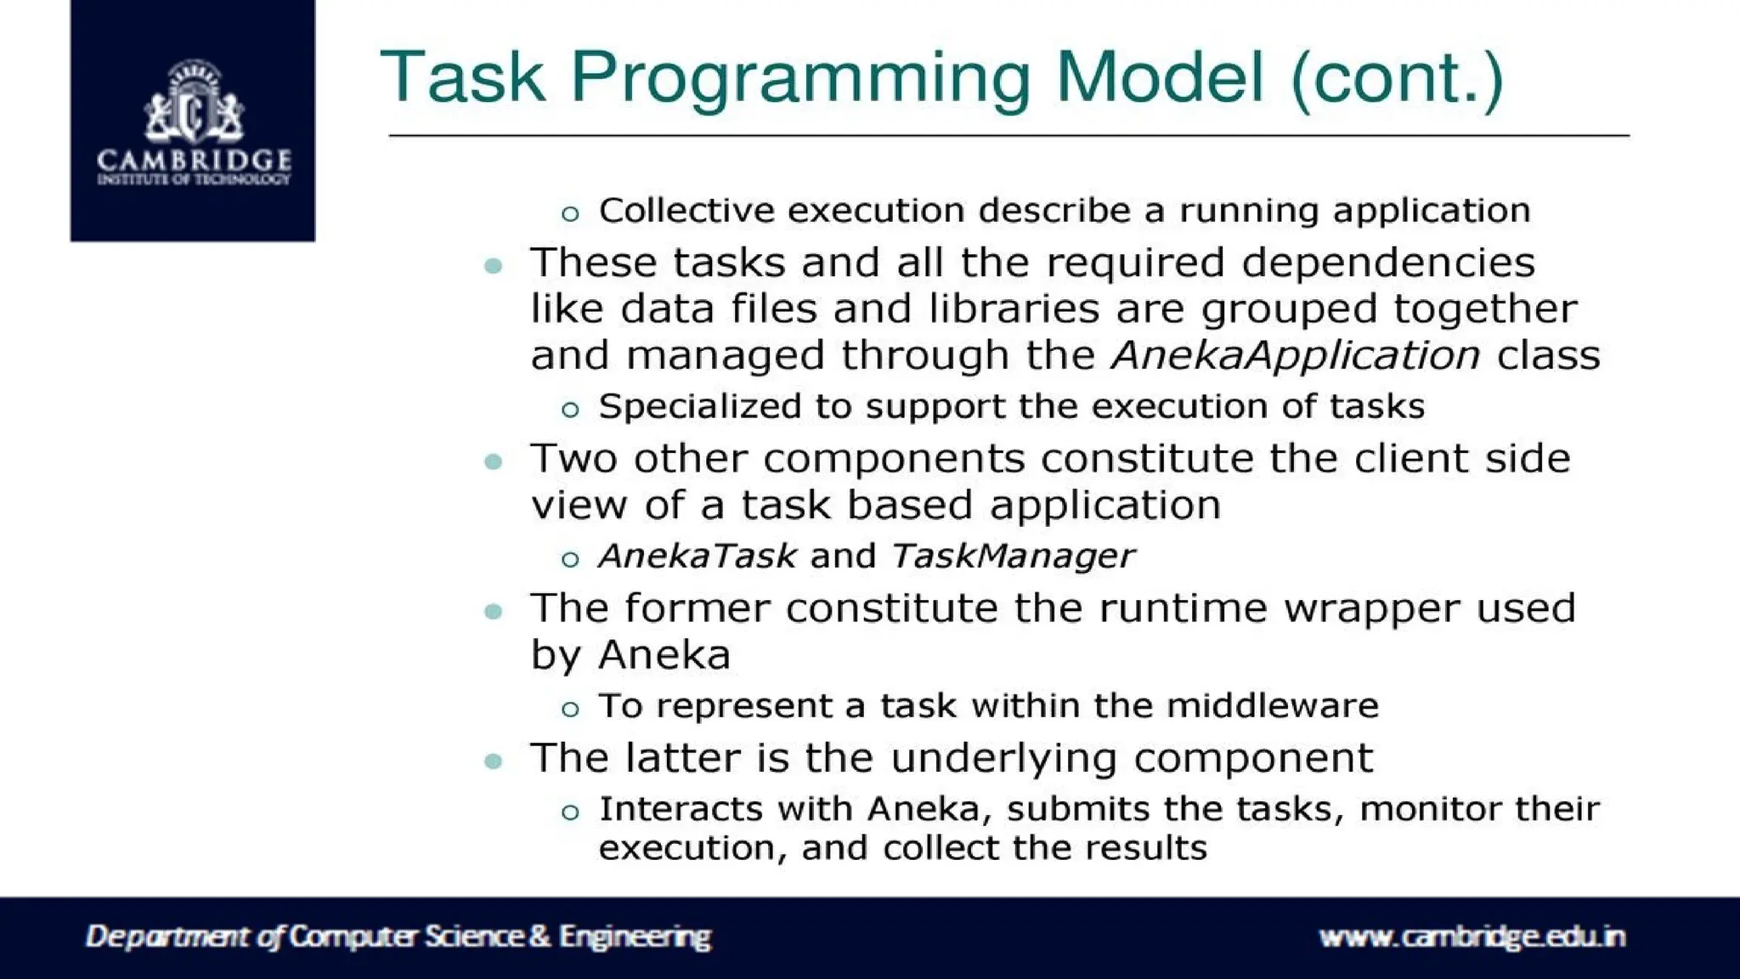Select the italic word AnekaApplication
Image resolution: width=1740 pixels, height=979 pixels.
[1296, 355]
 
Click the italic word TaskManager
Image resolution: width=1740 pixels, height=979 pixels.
[1013, 556]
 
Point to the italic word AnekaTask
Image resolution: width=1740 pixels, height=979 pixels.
[698, 556]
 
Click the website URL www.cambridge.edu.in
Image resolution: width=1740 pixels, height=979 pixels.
[1472, 937]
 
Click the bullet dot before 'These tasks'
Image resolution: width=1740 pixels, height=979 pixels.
[494, 266]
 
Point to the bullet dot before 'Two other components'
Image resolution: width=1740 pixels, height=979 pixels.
[494, 462]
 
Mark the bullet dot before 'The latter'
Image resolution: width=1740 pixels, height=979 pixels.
[494, 761]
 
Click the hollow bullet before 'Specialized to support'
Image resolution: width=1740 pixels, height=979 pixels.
[570, 410]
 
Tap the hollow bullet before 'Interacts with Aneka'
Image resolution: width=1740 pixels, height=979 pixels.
[570, 812]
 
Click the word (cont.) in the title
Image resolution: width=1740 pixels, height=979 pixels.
[1396, 78]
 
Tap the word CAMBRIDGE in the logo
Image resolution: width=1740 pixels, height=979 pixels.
[194, 160]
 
